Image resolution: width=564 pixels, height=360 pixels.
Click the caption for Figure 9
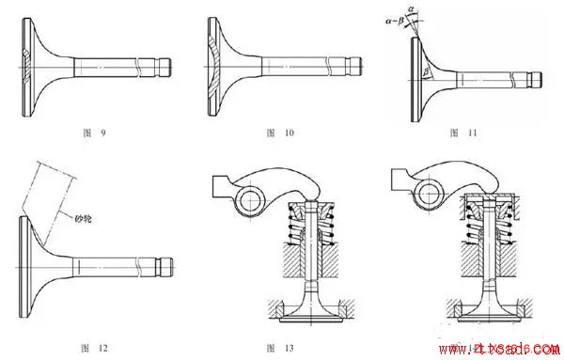(94, 133)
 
